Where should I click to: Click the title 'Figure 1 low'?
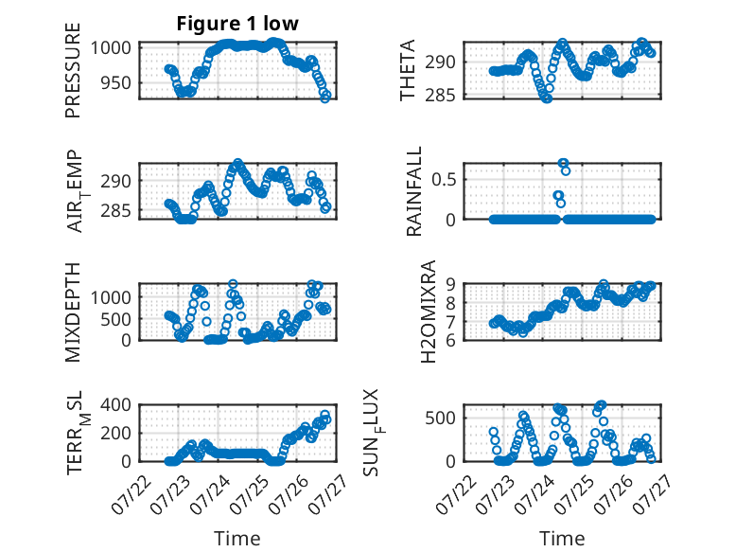tap(237, 24)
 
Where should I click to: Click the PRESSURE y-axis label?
tap(73, 70)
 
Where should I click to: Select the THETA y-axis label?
tap(408, 70)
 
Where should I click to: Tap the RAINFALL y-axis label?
tap(414, 190)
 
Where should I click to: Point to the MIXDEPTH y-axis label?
tap(73, 312)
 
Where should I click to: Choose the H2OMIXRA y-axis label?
tap(429, 312)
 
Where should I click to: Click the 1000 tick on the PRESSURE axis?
tap(111, 48)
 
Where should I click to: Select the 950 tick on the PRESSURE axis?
tap(115, 83)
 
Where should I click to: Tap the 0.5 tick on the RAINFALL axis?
tap(444, 180)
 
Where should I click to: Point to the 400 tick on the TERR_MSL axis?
tap(115, 404)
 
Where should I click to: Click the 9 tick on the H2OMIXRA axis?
tap(451, 283)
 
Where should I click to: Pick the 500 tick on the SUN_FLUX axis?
tap(441, 418)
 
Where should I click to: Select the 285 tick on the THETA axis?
tap(441, 96)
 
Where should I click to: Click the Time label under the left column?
tap(237, 538)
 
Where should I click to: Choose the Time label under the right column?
tap(562, 538)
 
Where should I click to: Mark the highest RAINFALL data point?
tap(563, 164)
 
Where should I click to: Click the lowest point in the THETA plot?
tap(547, 98)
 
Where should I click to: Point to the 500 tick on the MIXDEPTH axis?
tap(115, 319)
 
